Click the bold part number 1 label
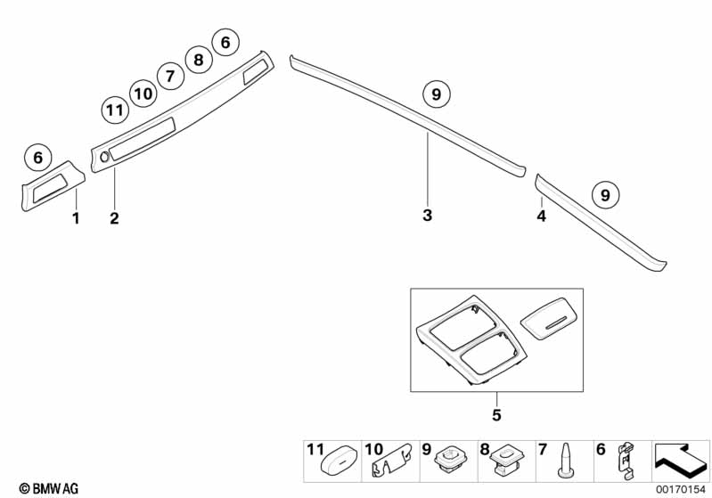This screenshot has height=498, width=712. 76,217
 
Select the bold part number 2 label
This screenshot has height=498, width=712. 114,217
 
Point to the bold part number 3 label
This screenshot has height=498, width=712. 428,215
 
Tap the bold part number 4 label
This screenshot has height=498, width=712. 541,216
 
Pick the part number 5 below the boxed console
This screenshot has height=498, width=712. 496,415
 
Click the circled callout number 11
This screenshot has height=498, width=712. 112,110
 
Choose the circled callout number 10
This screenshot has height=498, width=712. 142,92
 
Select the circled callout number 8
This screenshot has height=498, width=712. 198,60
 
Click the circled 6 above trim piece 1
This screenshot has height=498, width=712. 37,158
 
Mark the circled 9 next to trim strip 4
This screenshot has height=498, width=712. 605,193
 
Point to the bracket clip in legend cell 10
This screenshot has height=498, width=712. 389,464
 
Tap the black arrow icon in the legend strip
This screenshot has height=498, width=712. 680,461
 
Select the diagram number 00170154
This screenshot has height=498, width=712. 679,489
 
